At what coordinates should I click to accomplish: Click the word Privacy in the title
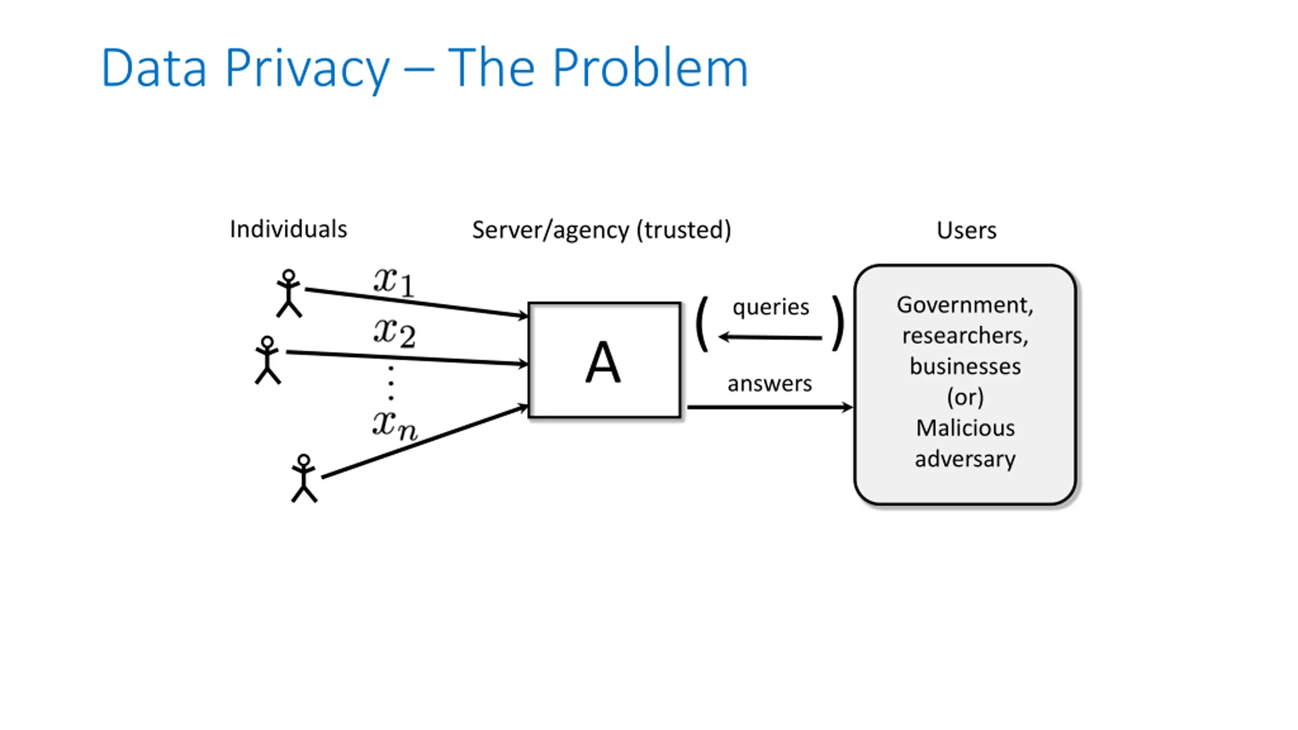(307, 68)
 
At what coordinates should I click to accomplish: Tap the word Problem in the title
(650, 67)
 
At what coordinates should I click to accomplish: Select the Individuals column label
(289, 229)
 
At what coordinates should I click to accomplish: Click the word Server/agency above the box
(551, 231)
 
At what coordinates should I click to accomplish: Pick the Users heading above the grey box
(966, 231)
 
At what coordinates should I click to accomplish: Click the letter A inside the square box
(603, 362)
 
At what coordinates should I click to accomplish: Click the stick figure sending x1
(289, 294)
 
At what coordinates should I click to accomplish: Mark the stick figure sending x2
(267, 360)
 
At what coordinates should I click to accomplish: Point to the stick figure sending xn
(304, 478)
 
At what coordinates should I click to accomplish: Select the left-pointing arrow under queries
(770, 337)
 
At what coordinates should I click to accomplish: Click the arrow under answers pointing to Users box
(770, 407)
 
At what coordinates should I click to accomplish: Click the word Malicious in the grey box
(965, 428)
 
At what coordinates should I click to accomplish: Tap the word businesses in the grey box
(965, 367)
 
